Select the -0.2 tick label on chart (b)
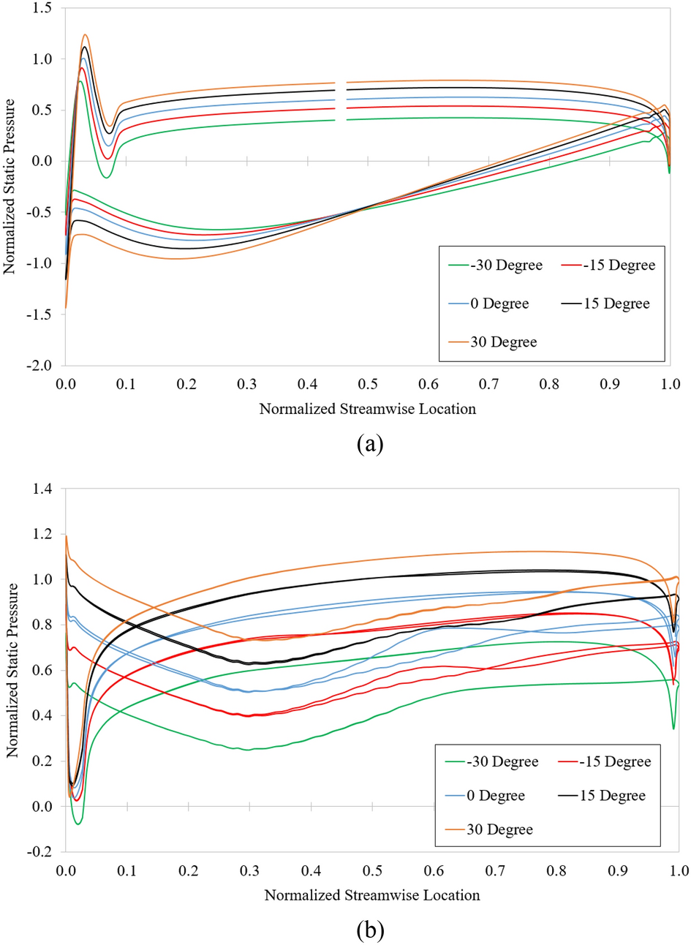[40, 851]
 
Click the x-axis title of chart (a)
[367, 409]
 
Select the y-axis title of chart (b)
[12, 669]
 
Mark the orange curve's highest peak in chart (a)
[86, 34]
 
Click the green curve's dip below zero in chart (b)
[78, 823]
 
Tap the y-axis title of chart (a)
[10, 187]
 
